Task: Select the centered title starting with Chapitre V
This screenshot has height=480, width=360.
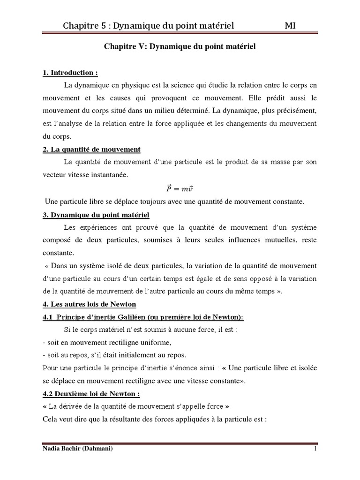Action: click(179, 48)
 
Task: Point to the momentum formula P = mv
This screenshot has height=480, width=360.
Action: click(180, 188)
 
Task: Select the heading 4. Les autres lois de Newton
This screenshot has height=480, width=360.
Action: click(90, 304)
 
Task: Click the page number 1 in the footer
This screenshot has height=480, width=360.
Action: click(315, 449)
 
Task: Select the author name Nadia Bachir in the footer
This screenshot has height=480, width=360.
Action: click(64, 449)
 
